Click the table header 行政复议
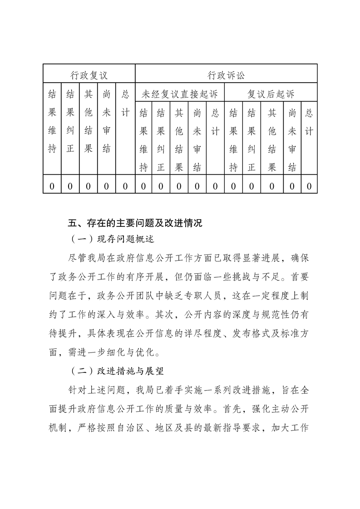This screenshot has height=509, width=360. [x=89, y=74]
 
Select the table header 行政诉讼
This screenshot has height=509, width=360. [x=226, y=74]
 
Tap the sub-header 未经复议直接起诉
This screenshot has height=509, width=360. [x=180, y=94]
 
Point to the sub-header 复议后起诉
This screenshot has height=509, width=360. [x=271, y=94]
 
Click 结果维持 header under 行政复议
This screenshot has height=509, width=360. [x=52, y=122]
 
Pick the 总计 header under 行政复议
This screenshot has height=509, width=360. [x=125, y=104]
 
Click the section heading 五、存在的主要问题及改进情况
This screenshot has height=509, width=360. [x=134, y=223]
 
